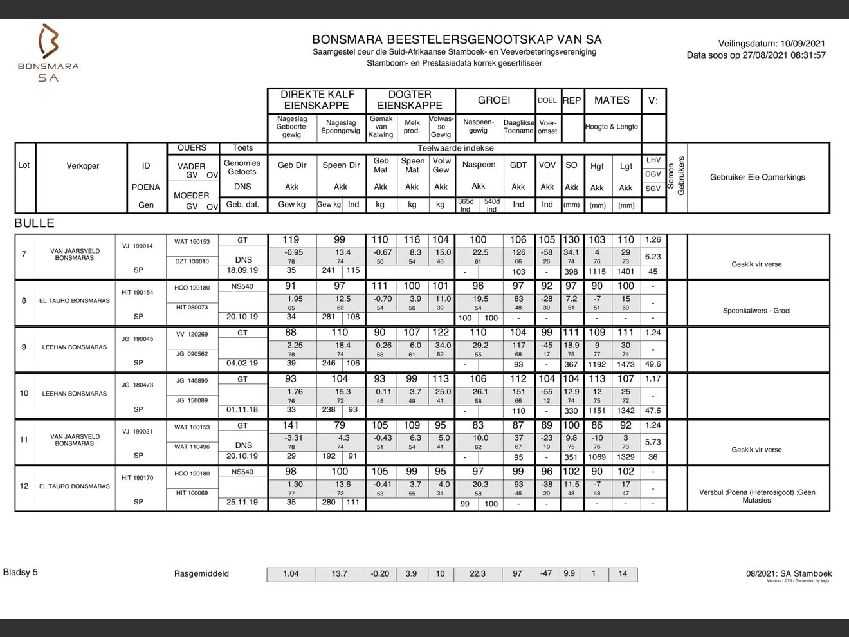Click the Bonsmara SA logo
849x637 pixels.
[48, 53]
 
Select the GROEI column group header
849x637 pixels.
[494, 100]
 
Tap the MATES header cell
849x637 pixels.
[612, 100]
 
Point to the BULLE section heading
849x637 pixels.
[34, 223]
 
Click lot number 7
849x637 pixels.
[24, 254]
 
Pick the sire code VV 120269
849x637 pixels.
[192, 335]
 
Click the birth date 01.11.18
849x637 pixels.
[242, 409]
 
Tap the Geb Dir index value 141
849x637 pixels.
[291, 425]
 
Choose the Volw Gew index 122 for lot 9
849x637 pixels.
[441, 333]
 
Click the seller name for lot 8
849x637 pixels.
[75, 300]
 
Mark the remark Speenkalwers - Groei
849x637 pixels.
[756, 311]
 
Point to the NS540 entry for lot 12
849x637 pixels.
[242, 472]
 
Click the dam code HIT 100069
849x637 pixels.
[192, 493]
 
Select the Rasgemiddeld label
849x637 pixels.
[201, 574]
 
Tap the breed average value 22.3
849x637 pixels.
[477, 574]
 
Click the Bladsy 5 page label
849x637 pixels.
[21, 572]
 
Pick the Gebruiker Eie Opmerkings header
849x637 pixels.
[757, 177]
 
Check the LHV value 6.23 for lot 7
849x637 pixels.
[653, 256]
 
